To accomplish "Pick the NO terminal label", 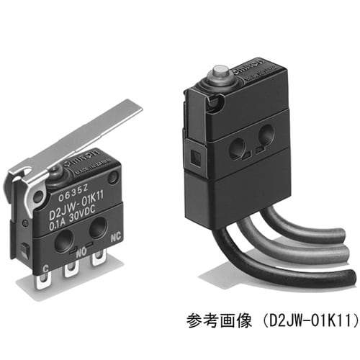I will click(81, 251).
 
